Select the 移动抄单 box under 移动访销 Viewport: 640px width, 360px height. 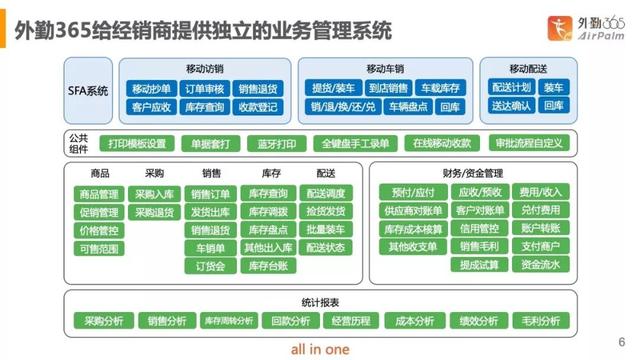point(151,89)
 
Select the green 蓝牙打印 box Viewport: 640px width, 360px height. point(275,143)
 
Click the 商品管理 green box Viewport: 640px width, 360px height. point(99,194)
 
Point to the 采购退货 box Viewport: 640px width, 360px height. point(154,212)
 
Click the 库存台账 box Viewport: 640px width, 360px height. point(268,266)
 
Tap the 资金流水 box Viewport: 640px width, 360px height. point(541,265)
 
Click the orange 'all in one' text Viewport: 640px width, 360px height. point(322,349)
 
